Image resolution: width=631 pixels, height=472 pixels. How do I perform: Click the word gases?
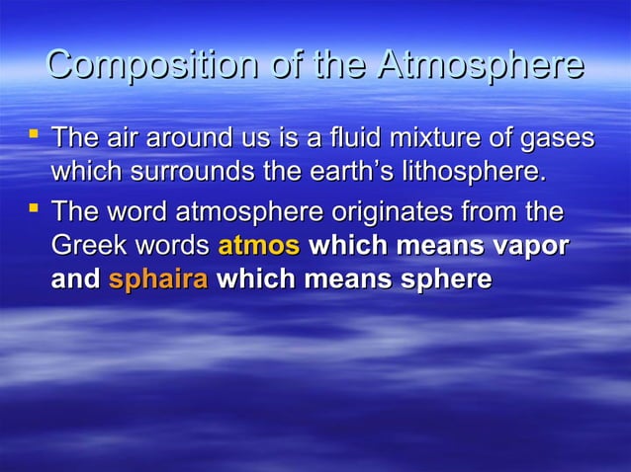click(x=562, y=139)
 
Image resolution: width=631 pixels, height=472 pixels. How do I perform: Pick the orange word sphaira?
click(x=157, y=280)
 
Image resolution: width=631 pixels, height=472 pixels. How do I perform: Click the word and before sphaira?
click(x=74, y=279)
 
